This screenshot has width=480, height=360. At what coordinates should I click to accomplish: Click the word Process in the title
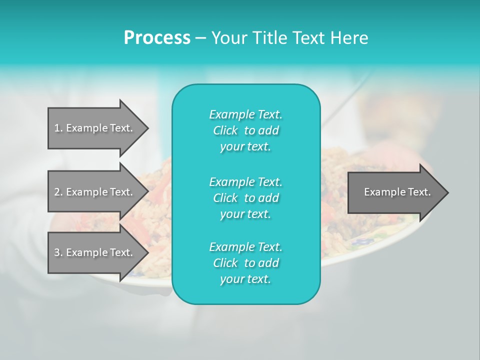pyautogui.click(x=157, y=38)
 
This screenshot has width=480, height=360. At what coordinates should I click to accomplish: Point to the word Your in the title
pyautogui.click(x=229, y=38)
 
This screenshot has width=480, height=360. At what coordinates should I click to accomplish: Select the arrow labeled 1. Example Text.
pyautogui.click(x=95, y=128)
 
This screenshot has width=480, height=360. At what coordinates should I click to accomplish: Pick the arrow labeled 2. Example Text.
pyautogui.click(x=95, y=192)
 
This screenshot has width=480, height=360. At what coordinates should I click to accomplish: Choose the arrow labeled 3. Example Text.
pyautogui.click(x=95, y=252)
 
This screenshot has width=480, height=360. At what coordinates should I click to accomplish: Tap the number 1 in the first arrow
pyautogui.click(x=56, y=128)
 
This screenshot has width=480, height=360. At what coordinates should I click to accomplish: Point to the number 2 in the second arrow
pyautogui.click(x=56, y=192)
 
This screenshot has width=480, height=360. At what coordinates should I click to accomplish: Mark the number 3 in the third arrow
pyautogui.click(x=56, y=252)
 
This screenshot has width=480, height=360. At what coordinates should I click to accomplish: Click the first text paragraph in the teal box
pyautogui.click(x=245, y=130)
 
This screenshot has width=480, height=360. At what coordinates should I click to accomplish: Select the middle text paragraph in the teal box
pyautogui.click(x=245, y=197)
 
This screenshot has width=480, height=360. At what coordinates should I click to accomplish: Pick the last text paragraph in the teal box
pyautogui.click(x=245, y=263)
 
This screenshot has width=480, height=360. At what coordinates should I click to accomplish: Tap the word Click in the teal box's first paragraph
pyautogui.click(x=225, y=130)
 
